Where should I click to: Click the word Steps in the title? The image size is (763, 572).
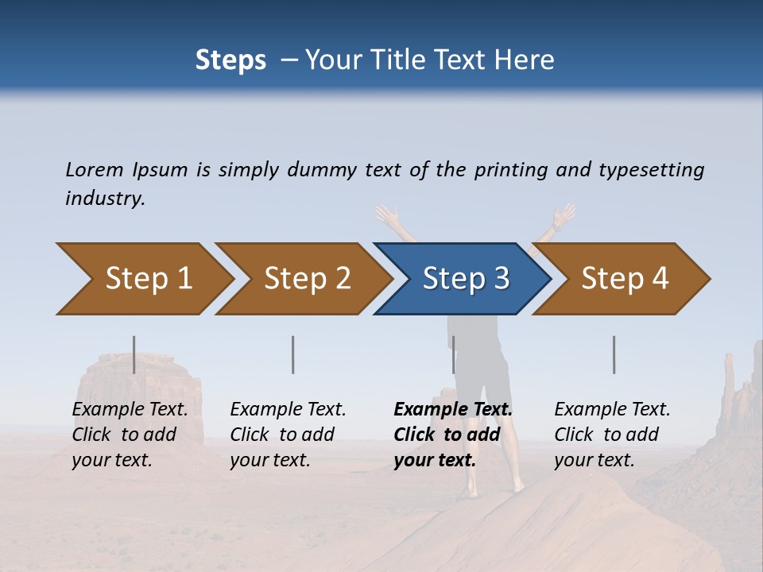point(230,60)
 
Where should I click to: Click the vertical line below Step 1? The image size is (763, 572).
point(134,354)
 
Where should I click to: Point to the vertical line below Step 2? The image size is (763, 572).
point(293,354)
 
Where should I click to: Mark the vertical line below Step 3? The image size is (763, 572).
point(453,354)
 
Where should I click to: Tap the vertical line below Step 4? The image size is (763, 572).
point(614,354)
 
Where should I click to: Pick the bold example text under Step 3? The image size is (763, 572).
point(452,435)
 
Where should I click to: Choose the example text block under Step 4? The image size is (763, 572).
point(612,435)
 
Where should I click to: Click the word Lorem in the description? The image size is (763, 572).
point(95,170)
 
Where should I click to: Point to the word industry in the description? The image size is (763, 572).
point(105,199)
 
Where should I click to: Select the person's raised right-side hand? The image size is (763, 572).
point(564,215)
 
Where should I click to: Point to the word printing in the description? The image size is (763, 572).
point(510,170)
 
